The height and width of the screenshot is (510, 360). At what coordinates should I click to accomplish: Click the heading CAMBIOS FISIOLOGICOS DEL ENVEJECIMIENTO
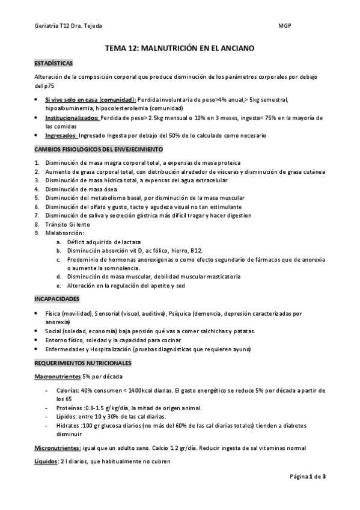98,149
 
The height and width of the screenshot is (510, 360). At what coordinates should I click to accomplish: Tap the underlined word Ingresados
61,136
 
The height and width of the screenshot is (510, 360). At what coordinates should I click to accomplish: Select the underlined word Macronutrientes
58,376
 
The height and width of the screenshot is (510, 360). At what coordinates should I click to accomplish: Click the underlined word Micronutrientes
57,448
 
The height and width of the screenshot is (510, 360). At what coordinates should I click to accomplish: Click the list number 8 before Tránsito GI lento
37,224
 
